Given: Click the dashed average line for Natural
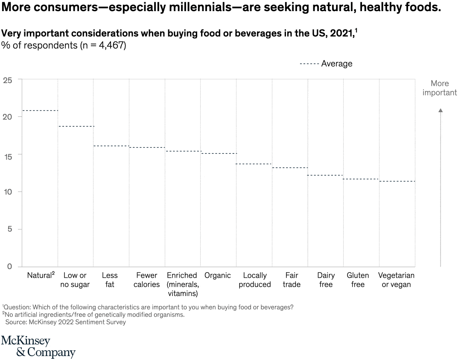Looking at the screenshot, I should coord(40,110).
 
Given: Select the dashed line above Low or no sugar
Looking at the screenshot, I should coord(76,126).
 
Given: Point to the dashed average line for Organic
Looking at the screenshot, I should coord(219,153).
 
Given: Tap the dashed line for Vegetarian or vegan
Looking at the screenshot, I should coord(397,181).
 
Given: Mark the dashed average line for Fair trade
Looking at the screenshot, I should coord(290,168).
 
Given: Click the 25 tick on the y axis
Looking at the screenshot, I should coord(7,80).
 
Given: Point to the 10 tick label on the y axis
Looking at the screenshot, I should coord(7,192).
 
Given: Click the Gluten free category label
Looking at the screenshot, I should coord(358,280).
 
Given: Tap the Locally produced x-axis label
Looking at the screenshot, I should coord(254,280).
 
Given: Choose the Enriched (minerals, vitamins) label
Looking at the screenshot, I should coord(182,284).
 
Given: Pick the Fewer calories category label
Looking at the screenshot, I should coord(146,280).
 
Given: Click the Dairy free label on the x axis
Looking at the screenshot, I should coord(326,280).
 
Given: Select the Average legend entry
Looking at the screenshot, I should coord(327,64).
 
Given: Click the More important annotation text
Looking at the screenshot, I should coord(440,88).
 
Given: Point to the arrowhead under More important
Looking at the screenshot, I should coord(441,110).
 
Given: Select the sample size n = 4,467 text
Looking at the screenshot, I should coord(103,45).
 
